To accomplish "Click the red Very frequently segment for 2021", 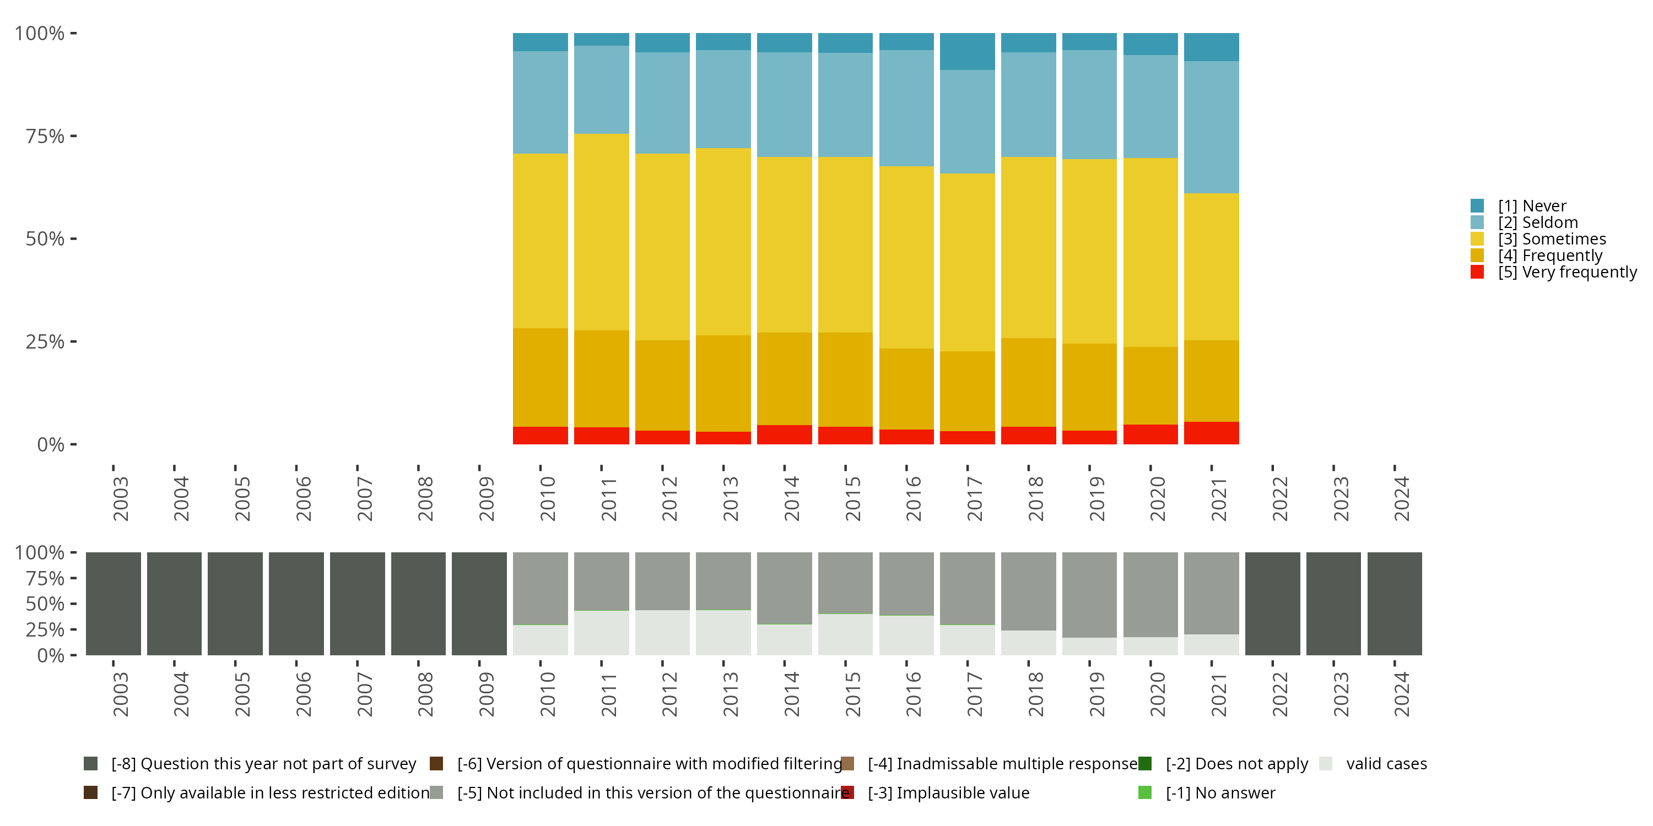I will point(1211,433).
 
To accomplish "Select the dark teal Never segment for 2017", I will point(967,51).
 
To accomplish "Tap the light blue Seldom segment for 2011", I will point(601,90).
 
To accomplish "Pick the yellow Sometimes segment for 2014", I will point(784,244).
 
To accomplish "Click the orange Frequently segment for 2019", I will point(1089,387).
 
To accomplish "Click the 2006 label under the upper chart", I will point(303,498).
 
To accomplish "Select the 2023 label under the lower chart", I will point(1341,694).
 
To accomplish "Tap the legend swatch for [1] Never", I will point(1477,206).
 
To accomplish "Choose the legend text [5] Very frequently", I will point(1567,272).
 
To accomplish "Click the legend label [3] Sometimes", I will point(1552,239).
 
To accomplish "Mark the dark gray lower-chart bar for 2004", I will point(174,604).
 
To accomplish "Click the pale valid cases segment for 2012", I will point(662,632).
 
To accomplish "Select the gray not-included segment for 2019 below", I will point(1089,595).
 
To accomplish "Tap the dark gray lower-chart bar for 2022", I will point(1272,604).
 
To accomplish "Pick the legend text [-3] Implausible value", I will point(948,792).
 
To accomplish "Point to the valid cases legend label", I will point(1386,764).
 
